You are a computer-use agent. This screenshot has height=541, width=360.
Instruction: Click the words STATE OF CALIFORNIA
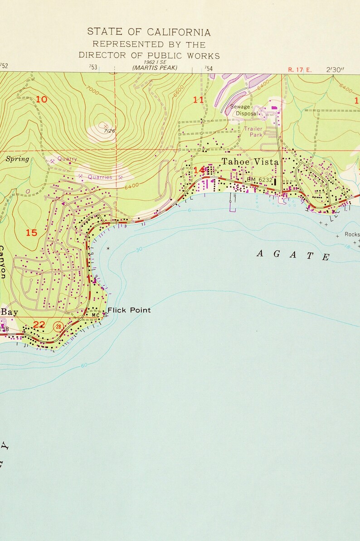tap(149, 32)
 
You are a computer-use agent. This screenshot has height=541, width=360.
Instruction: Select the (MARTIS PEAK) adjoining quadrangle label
tap(155, 68)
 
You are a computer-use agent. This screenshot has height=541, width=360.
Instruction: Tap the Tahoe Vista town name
tap(250, 162)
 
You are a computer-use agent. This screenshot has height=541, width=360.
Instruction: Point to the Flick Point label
tap(129, 310)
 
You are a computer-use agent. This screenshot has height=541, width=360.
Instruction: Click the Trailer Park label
tap(253, 132)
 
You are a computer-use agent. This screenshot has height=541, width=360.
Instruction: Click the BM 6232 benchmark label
tap(260, 180)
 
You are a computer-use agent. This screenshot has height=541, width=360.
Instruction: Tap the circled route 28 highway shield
tap(58, 326)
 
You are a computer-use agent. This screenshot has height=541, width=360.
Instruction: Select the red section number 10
tap(41, 99)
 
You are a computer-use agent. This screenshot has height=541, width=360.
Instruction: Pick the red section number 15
tap(31, 233)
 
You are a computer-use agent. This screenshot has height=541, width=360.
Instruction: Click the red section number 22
tap(39, 324)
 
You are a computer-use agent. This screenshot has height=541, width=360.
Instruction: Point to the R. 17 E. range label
tap(300, 70)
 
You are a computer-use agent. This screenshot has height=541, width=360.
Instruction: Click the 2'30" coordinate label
tap(336, 70)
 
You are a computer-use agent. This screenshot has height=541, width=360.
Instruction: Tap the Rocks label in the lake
tap(352, 235)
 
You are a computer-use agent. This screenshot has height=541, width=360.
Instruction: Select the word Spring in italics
tap(17, 159)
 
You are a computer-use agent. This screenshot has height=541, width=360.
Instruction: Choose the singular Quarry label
tap(67, 159)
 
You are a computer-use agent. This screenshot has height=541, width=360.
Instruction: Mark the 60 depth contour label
tap(84, 365)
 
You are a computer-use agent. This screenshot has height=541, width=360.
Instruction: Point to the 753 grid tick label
tap(93, 68)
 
